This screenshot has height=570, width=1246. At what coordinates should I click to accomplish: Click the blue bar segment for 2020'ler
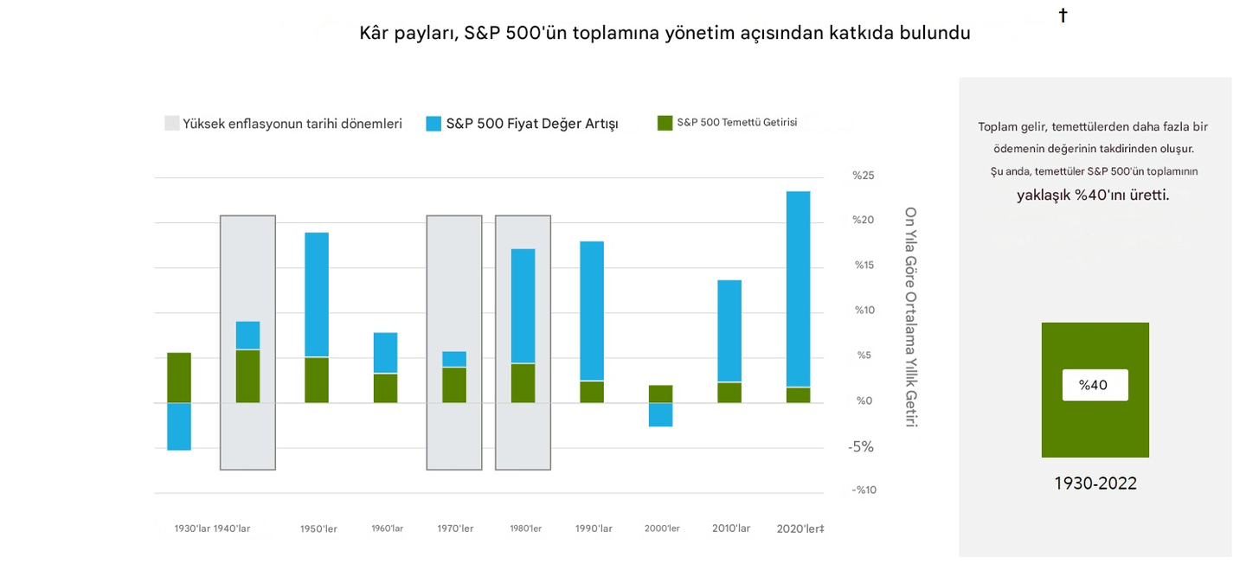point(798,289)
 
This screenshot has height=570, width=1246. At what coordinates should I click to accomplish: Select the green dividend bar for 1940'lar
point(247,376)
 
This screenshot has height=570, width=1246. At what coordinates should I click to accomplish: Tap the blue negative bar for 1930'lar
point(179,426)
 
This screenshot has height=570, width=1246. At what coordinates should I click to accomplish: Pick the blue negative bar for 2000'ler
point(660,414)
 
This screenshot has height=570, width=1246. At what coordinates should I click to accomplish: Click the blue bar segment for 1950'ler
point(317,294)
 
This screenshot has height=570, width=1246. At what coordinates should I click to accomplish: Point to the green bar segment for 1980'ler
point(523,383)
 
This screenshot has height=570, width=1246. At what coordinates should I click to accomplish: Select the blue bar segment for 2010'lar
point(729,330)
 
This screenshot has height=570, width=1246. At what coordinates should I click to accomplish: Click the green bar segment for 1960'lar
point(385,388)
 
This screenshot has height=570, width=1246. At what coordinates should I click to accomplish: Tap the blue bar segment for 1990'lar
point(592,311)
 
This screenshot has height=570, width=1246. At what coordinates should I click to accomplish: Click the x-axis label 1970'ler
point(455,528)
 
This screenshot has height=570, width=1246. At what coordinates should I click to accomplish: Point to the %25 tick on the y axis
point(864,176)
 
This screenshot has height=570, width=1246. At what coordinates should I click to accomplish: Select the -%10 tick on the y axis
point(864,490)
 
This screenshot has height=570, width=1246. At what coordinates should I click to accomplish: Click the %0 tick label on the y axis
point(864,400)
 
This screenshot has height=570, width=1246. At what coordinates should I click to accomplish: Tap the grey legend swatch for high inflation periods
point(172,124)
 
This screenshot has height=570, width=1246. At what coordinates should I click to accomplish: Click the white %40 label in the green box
point(1095,385)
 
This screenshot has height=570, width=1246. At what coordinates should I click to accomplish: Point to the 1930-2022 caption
point(1095,484)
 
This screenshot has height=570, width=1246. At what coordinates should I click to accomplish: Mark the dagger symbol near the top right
point(1063,16)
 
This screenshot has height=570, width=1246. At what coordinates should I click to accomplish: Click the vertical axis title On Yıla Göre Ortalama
point(910,316)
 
